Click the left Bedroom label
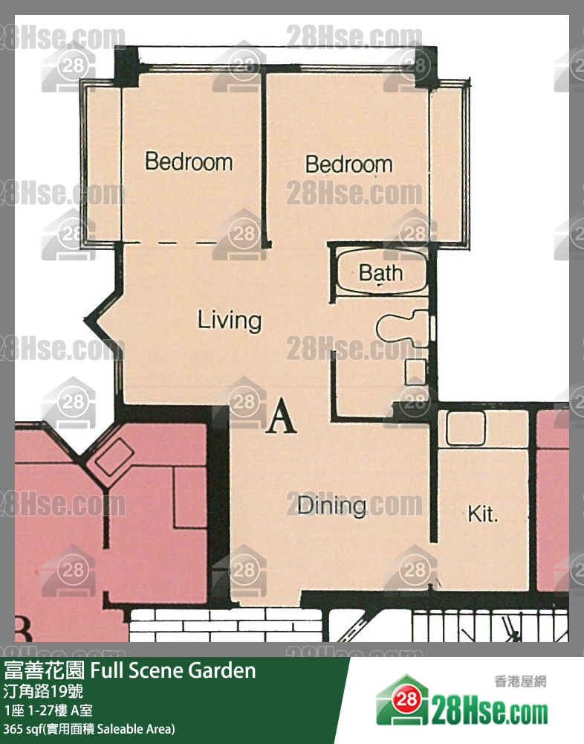189,161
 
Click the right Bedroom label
349,164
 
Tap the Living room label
230,320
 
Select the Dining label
332,506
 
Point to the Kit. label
483,514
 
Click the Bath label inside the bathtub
380,273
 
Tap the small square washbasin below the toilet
416,372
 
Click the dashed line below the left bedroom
172,244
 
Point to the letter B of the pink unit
24,629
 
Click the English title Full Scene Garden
173,670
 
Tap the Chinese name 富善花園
45,670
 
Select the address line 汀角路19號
43,691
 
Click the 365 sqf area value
21,729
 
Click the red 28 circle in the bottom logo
406,699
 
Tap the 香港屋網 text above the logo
521,682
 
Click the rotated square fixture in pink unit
114,457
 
